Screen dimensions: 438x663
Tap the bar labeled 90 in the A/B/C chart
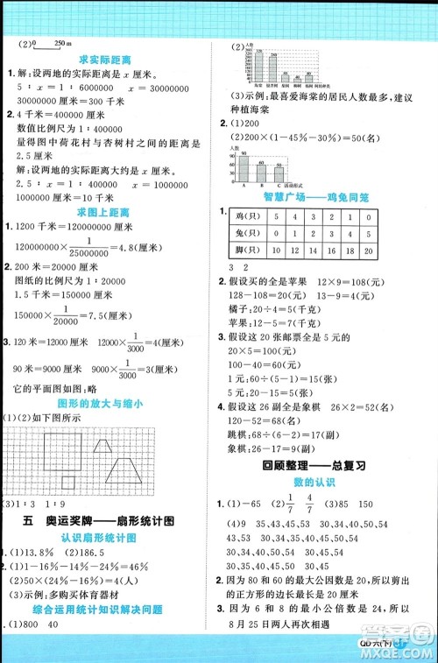[248, 170]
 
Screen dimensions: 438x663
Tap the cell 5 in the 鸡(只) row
[276, 216]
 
